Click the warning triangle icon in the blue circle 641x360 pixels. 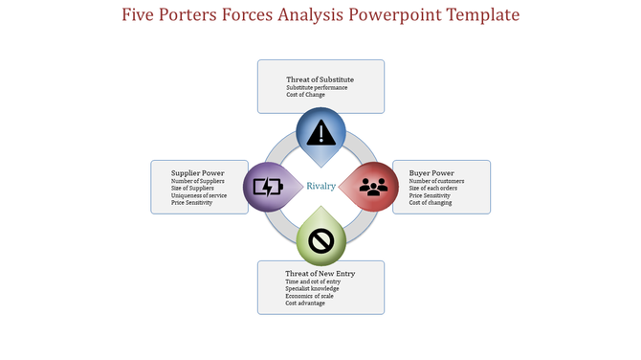point(320,130)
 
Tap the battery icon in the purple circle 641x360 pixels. point(267,187)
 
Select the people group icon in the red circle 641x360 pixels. point(373,186)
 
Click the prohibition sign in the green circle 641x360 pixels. point(320,242)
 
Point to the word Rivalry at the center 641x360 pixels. point(320,186)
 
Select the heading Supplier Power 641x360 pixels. point(198,173)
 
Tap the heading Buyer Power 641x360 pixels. point(431,173)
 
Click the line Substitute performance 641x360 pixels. point(317,88)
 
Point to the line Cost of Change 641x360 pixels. point(305,95)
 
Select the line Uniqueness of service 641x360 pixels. point(199,195)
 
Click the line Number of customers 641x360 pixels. point(436,181)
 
